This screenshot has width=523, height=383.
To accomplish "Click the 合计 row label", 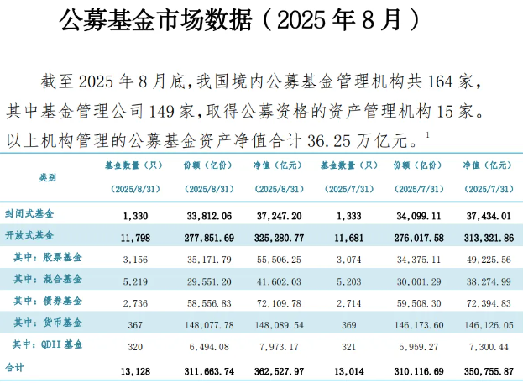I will coord(16,367).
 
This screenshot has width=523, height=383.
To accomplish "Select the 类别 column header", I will coord(48,178).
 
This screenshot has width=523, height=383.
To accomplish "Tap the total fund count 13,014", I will coord(343,367).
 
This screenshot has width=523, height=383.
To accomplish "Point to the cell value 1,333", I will coord(345,214).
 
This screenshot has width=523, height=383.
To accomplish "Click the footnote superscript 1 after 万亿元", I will coord(427,134).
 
